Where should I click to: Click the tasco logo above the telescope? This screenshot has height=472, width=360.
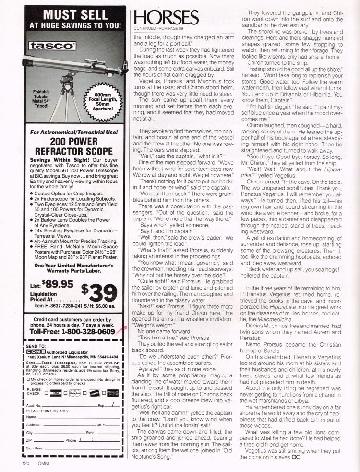click(x=51, y=46)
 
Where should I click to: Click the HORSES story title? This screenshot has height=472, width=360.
click(x=167, y=18)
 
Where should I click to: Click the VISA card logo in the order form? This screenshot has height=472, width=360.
click(x=57, y=379)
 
